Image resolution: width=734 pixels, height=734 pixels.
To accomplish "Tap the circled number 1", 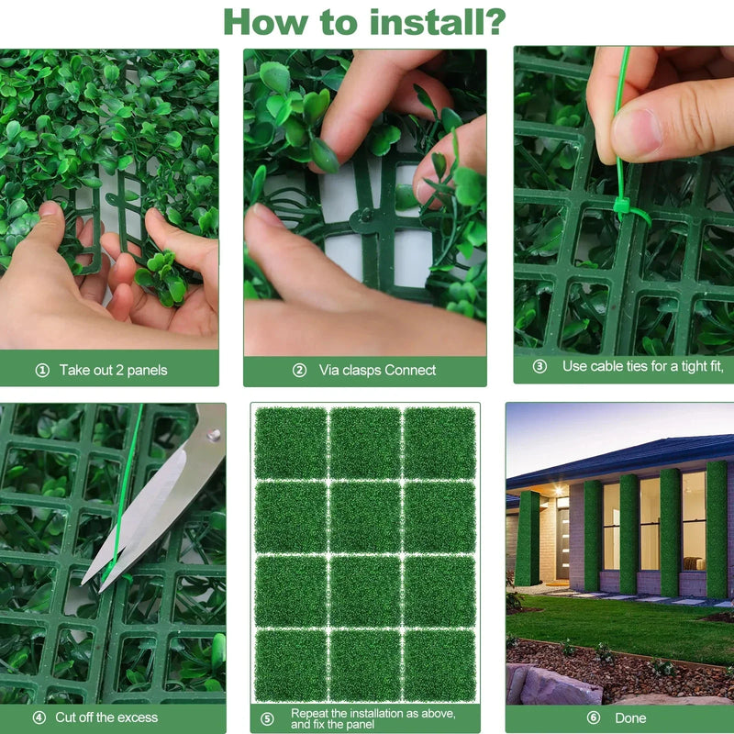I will pyautogui.click(x=41, y=371).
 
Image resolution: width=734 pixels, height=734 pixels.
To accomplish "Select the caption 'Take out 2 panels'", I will pyautogui.click(x=113, y=371).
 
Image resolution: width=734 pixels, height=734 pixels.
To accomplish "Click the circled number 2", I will pyautogui.click(x=299, y=371).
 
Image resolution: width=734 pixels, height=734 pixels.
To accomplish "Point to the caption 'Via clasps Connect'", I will pyautogui.click(x=377, y=371).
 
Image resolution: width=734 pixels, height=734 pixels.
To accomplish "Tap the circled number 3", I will pyautogui.click(x=539, y=366).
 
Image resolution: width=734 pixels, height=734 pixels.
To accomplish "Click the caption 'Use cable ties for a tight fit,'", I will pyautogui.click(x=643, y=366).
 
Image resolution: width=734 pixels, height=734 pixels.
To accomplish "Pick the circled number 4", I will pyautogui.click(x=39, y=717).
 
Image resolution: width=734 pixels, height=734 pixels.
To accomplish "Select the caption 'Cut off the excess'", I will pyautogui.click(x=106, y=717).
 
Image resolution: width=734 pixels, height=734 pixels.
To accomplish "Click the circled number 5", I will pyautogui.click(x=267, y=718).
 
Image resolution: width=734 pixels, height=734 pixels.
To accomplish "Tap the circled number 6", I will pyautogui.click(x=593, y=718).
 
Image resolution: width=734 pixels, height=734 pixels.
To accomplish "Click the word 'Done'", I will pyautogui.click(x=630, y=718).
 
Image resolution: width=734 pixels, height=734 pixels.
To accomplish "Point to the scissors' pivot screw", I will pyautogui.click(x=213, y=436).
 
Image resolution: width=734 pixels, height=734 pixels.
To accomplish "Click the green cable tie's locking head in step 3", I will pyautogui.click(x=621, y=206).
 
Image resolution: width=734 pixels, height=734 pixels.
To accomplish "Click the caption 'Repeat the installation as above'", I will pyautogui.click(x=373, y=713).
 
